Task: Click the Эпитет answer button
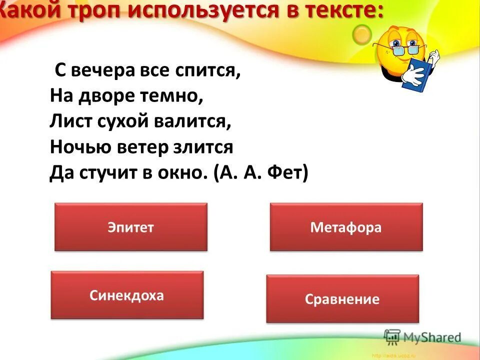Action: (130, 227)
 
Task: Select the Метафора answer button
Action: (346, 227)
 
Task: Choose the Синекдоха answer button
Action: (127, 295)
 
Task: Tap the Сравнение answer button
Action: (342, 299)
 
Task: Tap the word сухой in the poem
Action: (116, 122)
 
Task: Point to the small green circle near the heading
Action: (361, 33)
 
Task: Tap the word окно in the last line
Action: (183, 173)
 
